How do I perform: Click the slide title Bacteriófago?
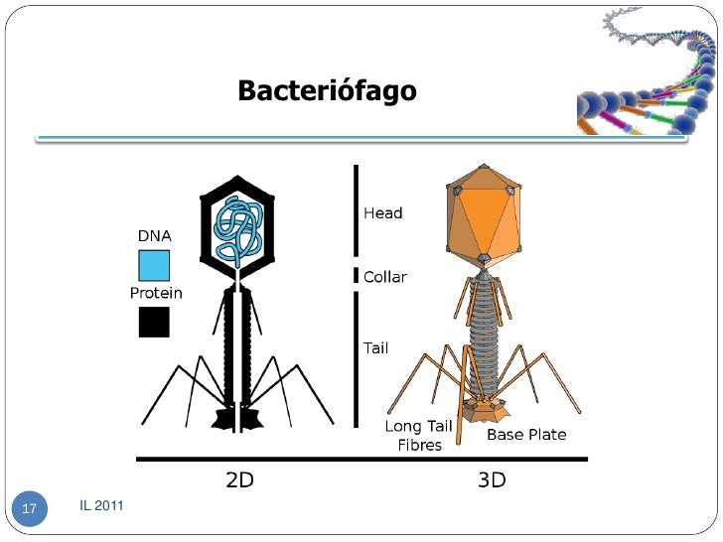(327, 92)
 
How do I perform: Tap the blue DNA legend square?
(154, 265)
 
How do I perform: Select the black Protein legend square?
(154, 322)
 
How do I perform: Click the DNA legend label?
(154, 236)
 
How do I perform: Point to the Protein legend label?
(157, 293)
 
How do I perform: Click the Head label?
(383, 213)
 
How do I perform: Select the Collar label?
(385, 277)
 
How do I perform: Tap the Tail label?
(376, 348)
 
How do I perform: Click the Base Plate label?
(526, 435)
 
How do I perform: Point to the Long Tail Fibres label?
(418, 436)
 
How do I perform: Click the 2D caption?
(240, 480)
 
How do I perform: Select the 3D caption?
(492, 480)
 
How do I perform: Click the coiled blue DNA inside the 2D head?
(238, 228)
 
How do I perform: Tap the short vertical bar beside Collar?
(355, 275)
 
